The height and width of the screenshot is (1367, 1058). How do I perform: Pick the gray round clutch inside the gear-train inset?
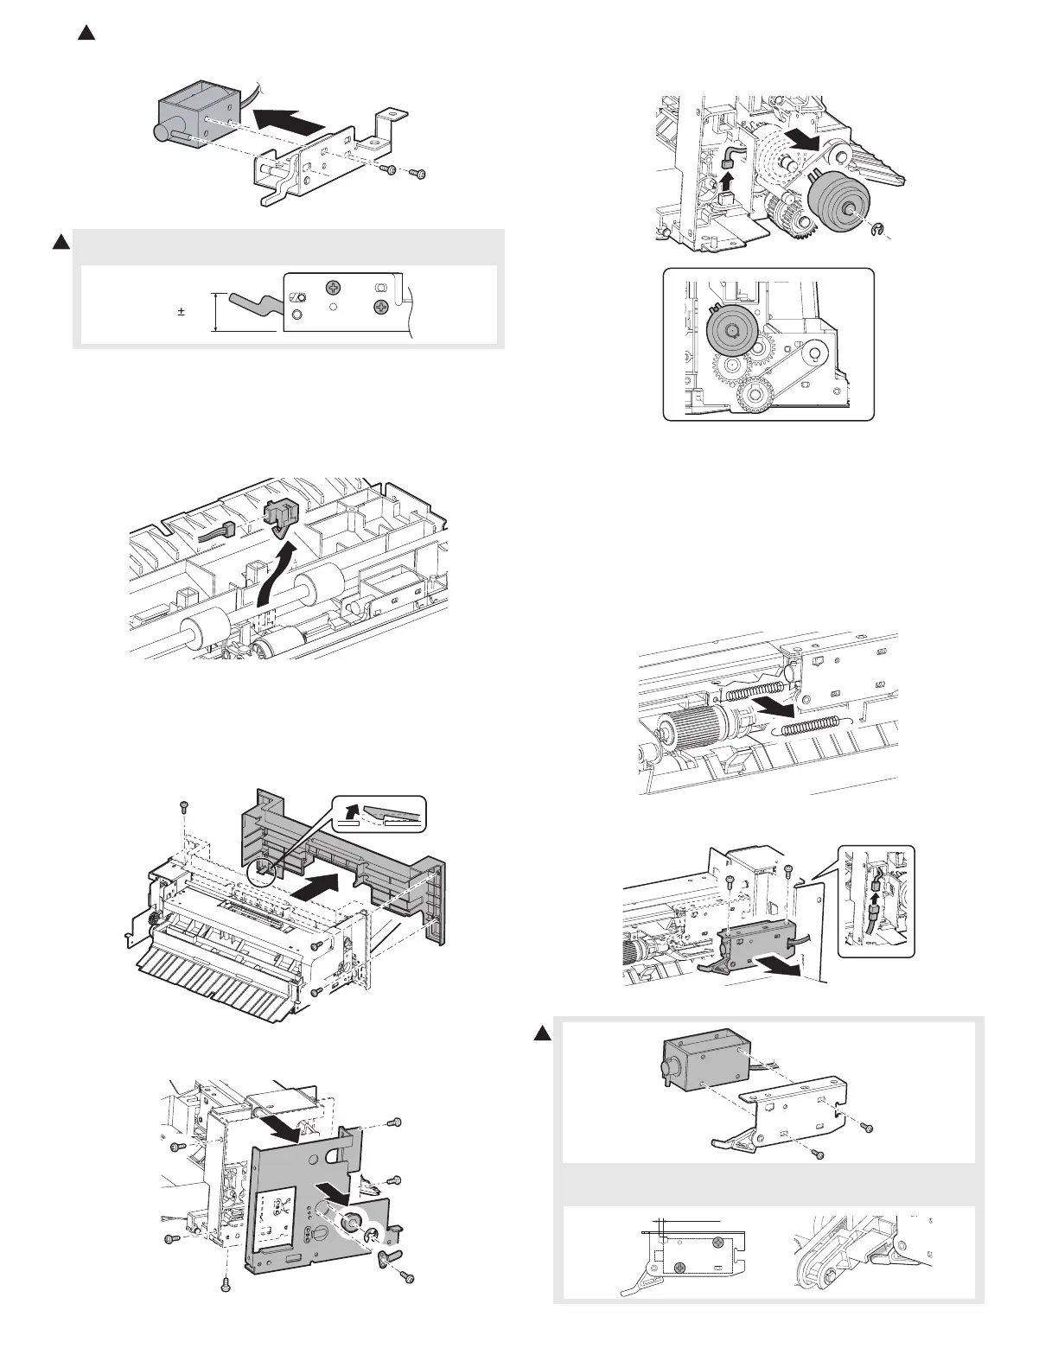coord(730,330)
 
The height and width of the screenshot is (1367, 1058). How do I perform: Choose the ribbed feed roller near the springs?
coord(688,722)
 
